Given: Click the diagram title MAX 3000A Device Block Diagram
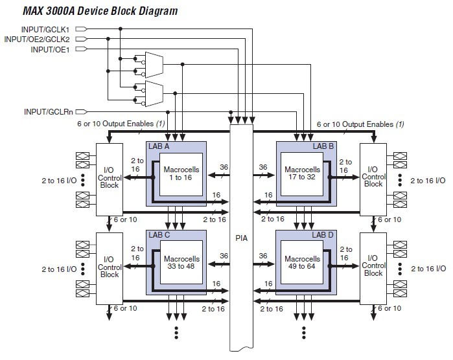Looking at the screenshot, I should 91,11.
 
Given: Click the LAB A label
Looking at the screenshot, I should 160,147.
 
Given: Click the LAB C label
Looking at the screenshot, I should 160,234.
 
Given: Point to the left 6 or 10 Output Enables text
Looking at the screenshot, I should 117,124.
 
